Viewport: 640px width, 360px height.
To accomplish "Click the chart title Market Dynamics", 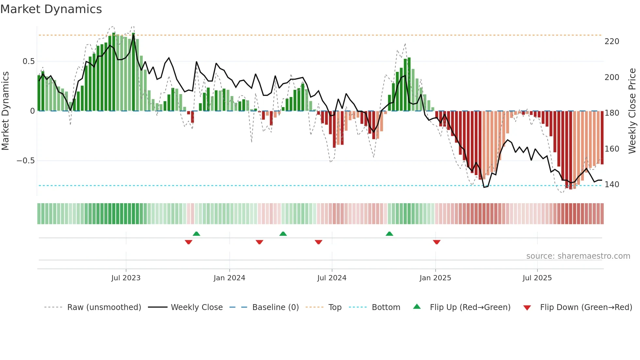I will [x=51, y=9].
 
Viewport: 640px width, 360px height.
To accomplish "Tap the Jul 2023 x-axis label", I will [x=126, y=278].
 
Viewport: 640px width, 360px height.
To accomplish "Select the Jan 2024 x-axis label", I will [x=229, y=278].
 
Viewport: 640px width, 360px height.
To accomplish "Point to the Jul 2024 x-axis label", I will [x=332, y=278].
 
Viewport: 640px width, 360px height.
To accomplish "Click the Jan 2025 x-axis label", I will [x=435, y=278].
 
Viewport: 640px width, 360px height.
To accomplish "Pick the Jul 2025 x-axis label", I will [x=537, y=278].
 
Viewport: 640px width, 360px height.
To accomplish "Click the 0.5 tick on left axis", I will [x=28, y=61].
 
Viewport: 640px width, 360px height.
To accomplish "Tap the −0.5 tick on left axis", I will [x=25, y=161].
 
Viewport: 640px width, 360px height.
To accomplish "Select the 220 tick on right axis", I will [x=612, y=41].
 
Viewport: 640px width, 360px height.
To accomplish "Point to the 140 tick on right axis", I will [x=612, y=185].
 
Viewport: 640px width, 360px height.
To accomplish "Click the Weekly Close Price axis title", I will [x=632, y=111].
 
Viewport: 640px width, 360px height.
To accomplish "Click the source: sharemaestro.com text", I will [x=578, y=256].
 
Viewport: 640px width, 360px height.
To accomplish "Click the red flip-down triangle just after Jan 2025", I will [x=437, y=242].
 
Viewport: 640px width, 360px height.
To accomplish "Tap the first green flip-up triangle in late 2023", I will [x=196, y=234].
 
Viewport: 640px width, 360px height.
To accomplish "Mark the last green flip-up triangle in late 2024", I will [x=389, y=234].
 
